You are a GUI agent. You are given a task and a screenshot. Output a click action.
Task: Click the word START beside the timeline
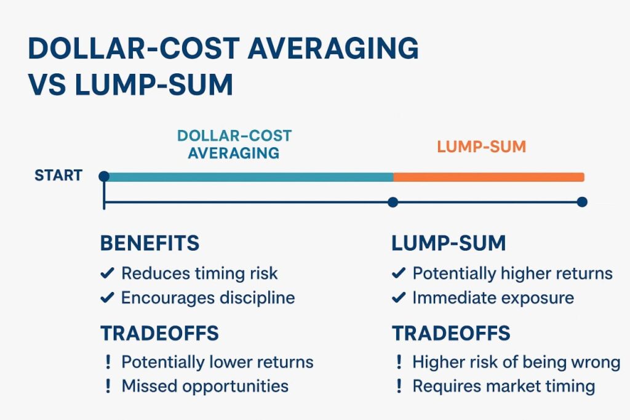58,176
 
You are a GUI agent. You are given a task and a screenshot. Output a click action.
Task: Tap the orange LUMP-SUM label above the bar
481,147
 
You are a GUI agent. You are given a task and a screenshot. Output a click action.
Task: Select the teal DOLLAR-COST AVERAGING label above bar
234,143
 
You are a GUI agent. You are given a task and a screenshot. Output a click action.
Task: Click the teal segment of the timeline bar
246,177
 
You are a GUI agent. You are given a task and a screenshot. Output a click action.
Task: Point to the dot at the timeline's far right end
582,202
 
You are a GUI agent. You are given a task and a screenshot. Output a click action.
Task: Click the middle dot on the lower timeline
393,202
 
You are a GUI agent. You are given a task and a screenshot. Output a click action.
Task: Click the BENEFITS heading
150,243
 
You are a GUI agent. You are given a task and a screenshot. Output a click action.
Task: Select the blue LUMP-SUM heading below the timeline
448,243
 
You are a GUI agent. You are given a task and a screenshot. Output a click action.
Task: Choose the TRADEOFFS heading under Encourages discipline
159,333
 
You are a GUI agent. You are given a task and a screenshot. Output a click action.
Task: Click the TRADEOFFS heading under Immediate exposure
451,333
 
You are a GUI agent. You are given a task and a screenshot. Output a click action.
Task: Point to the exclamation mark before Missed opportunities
108,386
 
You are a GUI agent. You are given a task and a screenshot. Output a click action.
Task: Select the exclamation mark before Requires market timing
399,386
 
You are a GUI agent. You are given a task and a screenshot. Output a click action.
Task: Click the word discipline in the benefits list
258,299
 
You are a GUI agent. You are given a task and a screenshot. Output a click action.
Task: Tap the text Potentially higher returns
512,273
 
